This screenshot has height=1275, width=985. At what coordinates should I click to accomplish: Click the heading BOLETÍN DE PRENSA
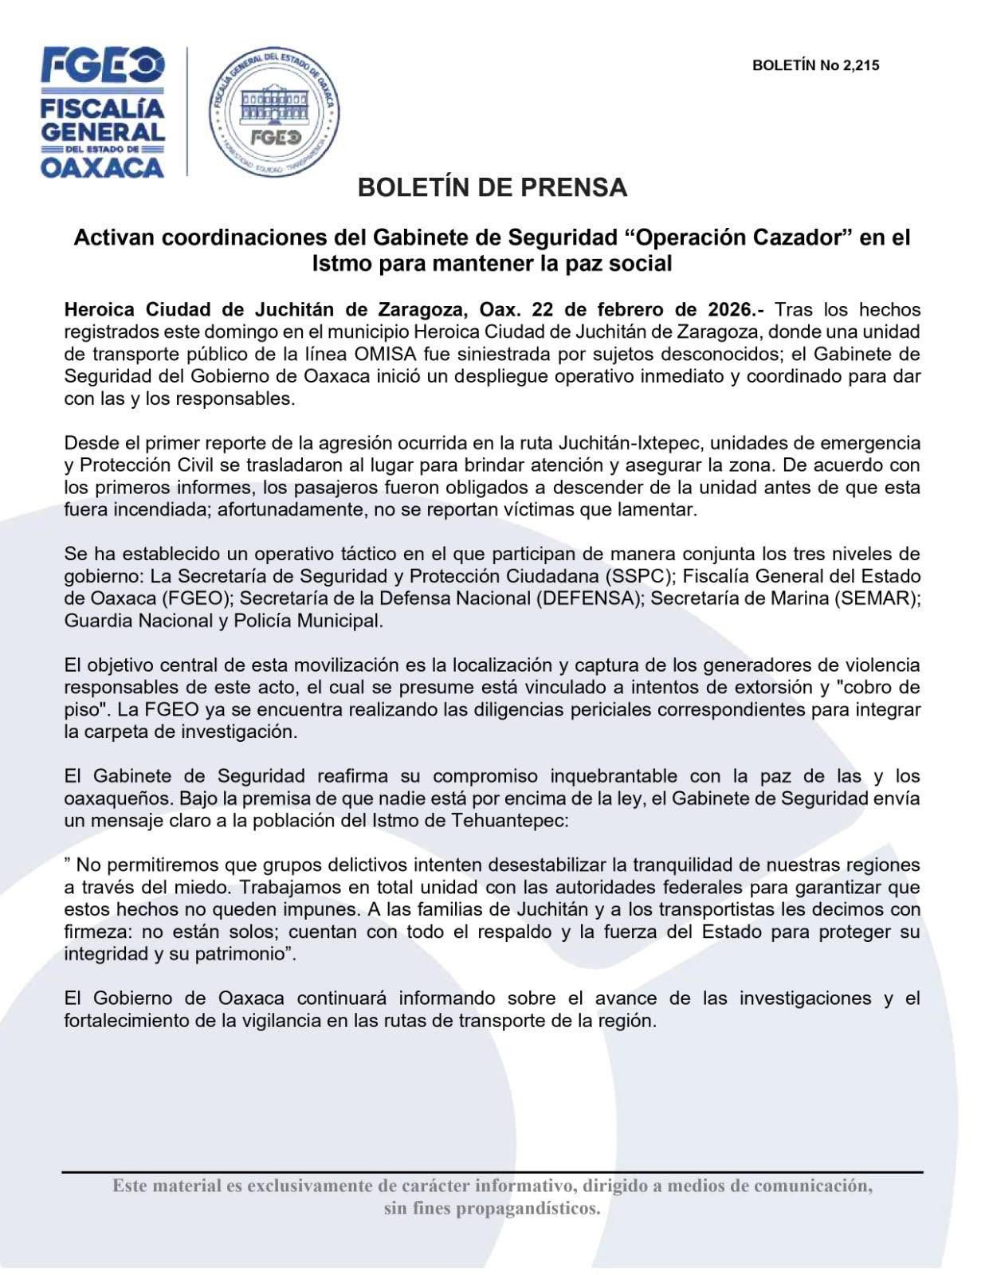click(x=492, y=188)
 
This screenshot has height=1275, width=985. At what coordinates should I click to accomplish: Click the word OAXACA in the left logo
click(x=102, y=167)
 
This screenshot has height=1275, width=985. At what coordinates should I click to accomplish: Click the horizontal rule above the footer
click(x=492, y=1171)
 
